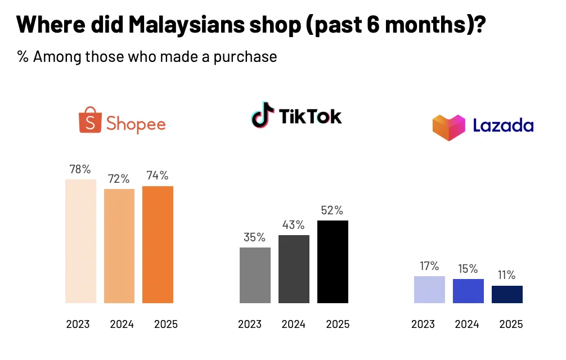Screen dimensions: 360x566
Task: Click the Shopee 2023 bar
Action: [81, 241]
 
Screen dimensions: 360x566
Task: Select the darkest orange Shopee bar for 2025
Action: [158, 244]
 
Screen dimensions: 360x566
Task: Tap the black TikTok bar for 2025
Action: [333, 262]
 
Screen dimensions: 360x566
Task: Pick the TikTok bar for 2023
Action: [255, 275]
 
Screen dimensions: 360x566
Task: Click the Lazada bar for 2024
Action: [468, 291]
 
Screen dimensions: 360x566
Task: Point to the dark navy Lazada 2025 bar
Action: [507, 294]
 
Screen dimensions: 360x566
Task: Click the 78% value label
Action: [79, 169]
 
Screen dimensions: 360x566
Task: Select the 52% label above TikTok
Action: [331, 210]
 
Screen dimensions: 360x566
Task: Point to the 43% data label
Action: [293, 225]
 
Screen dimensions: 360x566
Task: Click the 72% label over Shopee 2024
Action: [118, 179]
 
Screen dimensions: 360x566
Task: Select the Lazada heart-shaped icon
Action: [448, 127]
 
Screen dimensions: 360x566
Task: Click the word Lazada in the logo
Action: [502, 125]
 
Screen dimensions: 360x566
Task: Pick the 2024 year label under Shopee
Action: [122, 325]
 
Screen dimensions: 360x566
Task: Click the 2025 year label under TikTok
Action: [338, 325]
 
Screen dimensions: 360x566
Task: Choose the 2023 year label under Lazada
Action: [423, 325]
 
